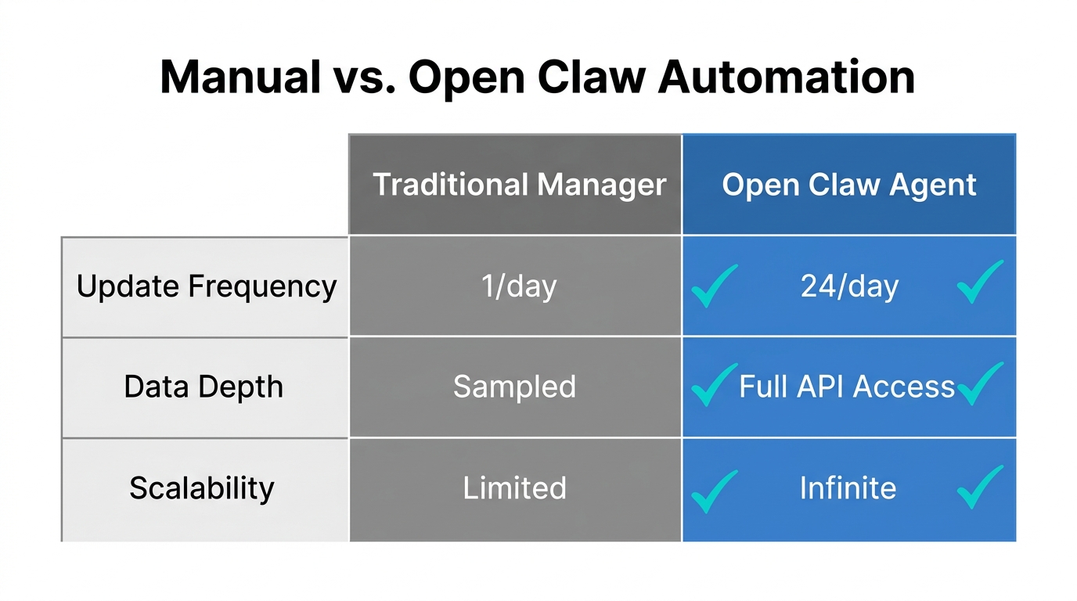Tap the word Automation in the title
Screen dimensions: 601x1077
click(x=787, y=77)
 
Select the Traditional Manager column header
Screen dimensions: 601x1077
click(x=520, y=185)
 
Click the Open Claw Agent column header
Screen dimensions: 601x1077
click(x=849, y=185)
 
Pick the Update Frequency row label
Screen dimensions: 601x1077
click(x=206, y=286)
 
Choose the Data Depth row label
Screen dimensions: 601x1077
click(x=204, y=387)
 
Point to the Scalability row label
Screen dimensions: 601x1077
click(x=202, y=488)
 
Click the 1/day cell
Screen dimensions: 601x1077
click(x=519, y=286)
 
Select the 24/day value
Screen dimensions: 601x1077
click(x=849, y=286)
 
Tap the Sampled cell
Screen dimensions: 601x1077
click(x=514, y=387)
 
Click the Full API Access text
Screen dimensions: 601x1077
click(x=847, y=387)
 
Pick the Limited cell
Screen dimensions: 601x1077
click(x=514, y=488)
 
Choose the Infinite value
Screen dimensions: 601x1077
click(x=848, y=488)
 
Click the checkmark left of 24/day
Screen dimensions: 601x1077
click(x=713, y=286)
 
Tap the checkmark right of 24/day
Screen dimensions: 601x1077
click(x=980, y=283)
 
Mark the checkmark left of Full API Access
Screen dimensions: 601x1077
click(x=713, y=385)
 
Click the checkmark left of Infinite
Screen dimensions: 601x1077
click(x=713, y=491)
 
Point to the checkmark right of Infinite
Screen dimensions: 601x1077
click(x=980, y=488)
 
